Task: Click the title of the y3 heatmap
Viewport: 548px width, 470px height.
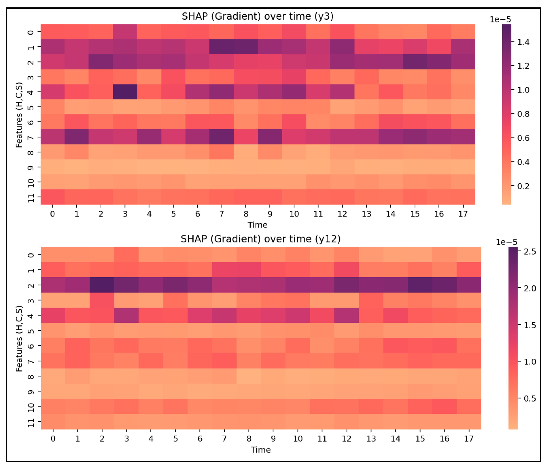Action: pos(257,16)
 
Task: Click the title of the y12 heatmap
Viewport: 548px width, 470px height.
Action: pos(261,239)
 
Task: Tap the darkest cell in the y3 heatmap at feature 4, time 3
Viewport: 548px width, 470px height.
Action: pos(125,92)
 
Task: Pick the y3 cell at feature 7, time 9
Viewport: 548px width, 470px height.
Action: pos(270,137)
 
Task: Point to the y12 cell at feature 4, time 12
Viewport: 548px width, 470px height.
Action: pos(346,315)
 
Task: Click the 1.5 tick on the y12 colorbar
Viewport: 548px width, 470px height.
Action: pos(530,325)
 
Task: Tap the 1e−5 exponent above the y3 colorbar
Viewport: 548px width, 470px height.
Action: pos(500,20)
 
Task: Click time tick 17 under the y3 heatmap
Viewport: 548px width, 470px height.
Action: pos(463,214)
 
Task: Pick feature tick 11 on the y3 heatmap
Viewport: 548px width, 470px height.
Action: pos(31,197)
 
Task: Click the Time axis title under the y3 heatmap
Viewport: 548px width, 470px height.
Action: pos(257,225)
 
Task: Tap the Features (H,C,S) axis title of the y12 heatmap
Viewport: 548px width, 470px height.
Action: pos(19,339)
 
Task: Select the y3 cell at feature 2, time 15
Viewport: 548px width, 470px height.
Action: pos(415,62)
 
